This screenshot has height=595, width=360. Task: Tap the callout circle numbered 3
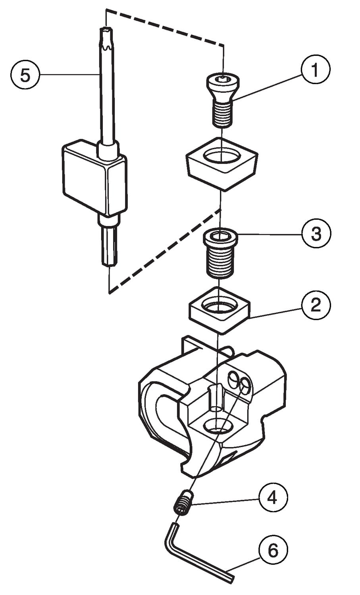pos(316,234)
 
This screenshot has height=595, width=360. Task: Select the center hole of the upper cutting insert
pos(221,156)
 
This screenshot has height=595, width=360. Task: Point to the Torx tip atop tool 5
pos(105,38)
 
